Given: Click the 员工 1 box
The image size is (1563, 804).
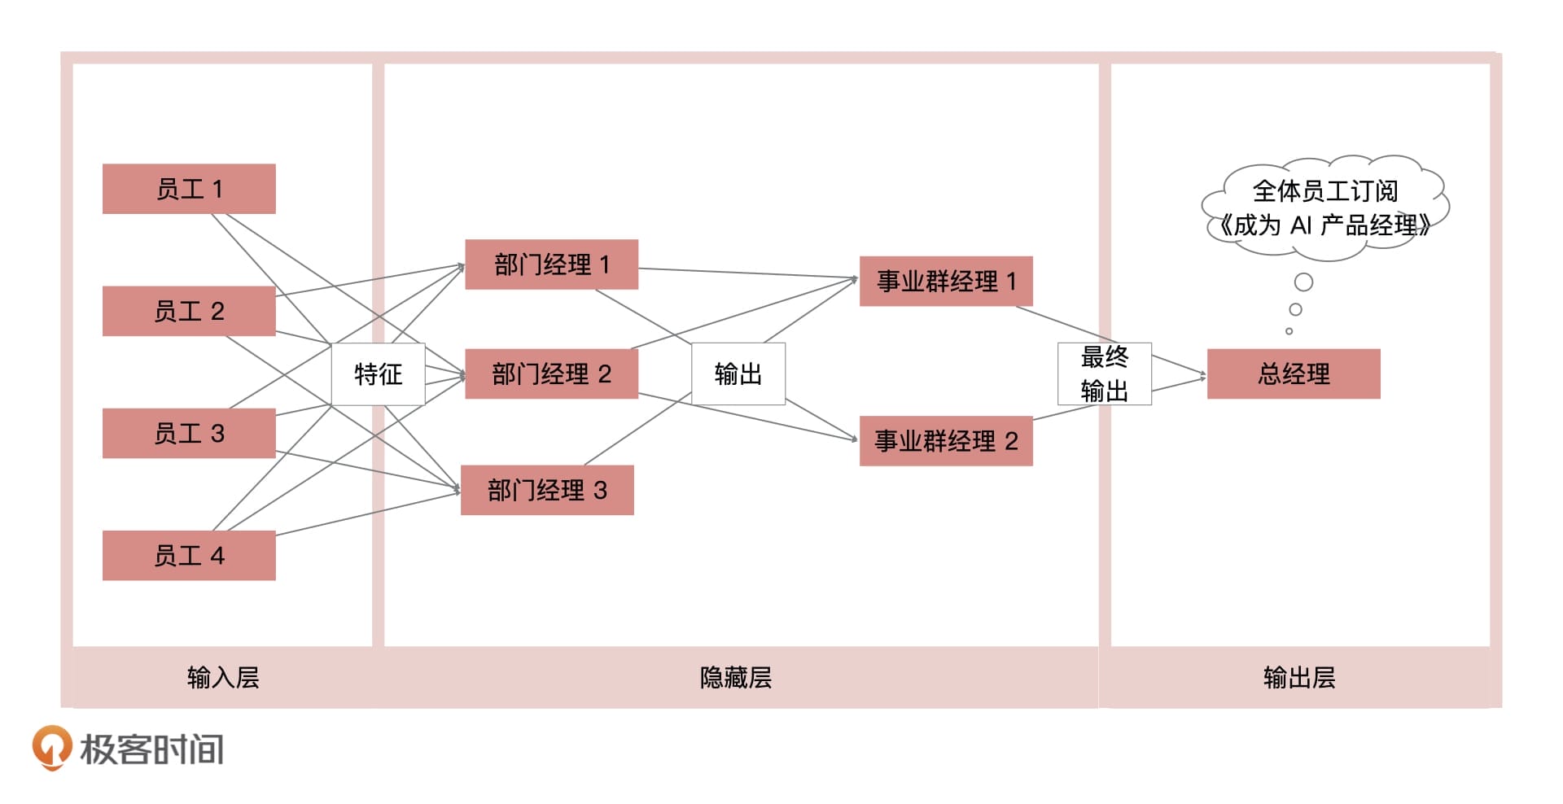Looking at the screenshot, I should pyautogui.click(x=189, y=189).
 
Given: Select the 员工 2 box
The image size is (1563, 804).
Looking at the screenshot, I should pyautogui.click(x=189, y=311).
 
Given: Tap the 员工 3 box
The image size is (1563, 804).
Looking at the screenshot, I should pyautogui.click(x=189, y=433).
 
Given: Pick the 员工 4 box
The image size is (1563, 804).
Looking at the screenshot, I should pyautogui.click(x=189, y=555).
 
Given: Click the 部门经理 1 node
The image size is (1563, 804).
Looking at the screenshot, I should pyautogui.click(x=551, y=264).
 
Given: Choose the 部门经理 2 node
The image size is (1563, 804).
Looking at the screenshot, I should pyautogui.click(x=551, y=374).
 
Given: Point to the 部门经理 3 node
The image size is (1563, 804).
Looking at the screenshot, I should pyautogui.click(x=547, y=490).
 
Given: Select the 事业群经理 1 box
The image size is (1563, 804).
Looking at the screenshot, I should pyautogui.click(x=946, y=282).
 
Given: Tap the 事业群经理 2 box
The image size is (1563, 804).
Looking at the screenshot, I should pyautogui.click(x=946, y=441).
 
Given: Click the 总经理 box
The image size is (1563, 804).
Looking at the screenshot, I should pyautogui.click(x=1294, y=374).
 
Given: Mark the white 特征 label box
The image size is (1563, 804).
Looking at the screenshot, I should pyautogui.click(x=378, y=374).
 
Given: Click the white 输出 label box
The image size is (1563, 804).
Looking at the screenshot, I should pyautogui.click(x=738, y=374).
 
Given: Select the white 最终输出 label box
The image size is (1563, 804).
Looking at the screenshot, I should pyautogui.click(x=1104, y=374).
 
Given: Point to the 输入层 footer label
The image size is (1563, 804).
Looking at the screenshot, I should pyautogui.click(x=223, y=677).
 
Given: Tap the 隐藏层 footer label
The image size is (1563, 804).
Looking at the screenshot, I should pyautogui.click(x=736, y=677).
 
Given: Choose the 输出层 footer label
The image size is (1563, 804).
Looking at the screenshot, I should pyautogui.click(x=1299, y=677).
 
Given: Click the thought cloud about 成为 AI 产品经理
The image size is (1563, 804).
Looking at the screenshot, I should pyautogui.click(x=1324, y=208).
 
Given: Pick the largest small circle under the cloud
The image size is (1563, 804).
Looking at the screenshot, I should pyautogui.click(x=1303, y=282).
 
